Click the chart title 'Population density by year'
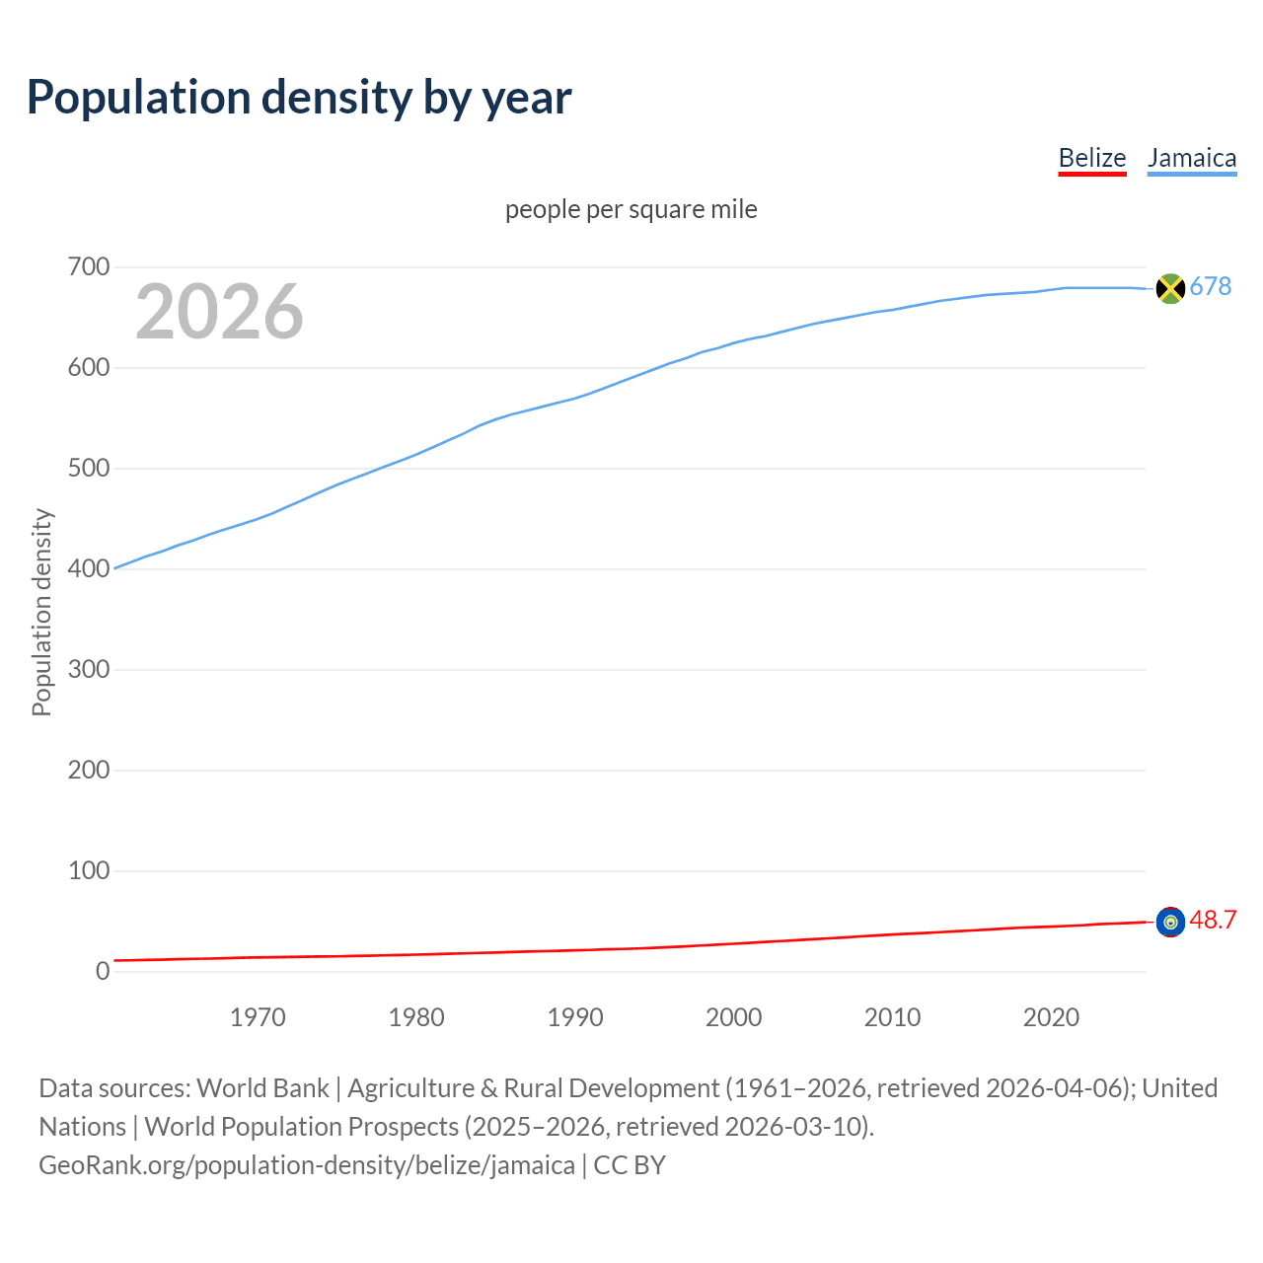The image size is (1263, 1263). coord(299,97)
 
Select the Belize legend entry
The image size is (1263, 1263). coord(1091,158)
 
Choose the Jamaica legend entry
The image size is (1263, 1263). coord(1191,158)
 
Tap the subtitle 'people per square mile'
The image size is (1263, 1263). coord(631,209)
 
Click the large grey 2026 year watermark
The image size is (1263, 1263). coord(219,312)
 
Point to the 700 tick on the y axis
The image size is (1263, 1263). coord(88,267)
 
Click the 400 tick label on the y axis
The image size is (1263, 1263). coord(88,569)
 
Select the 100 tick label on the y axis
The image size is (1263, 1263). coord(88,871)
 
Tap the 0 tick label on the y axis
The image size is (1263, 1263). coord(103,972)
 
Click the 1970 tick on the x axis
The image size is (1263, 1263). coord(258,1017)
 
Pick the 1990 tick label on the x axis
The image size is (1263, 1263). coord(575,1017)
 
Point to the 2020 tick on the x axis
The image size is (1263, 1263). coord(1051,1017)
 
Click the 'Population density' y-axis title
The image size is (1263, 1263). coord(41,612)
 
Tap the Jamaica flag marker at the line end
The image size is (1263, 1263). coord(1169,288)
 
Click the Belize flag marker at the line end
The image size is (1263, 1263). coord(1170,922)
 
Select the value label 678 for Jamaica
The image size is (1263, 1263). coord(1210,286)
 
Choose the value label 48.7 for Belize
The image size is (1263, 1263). coord(1213,920)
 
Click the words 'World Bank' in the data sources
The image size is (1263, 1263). coord(262,1087)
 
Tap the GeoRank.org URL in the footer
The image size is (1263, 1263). coord(306,1164)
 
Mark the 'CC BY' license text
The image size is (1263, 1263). coord(630,1164)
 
